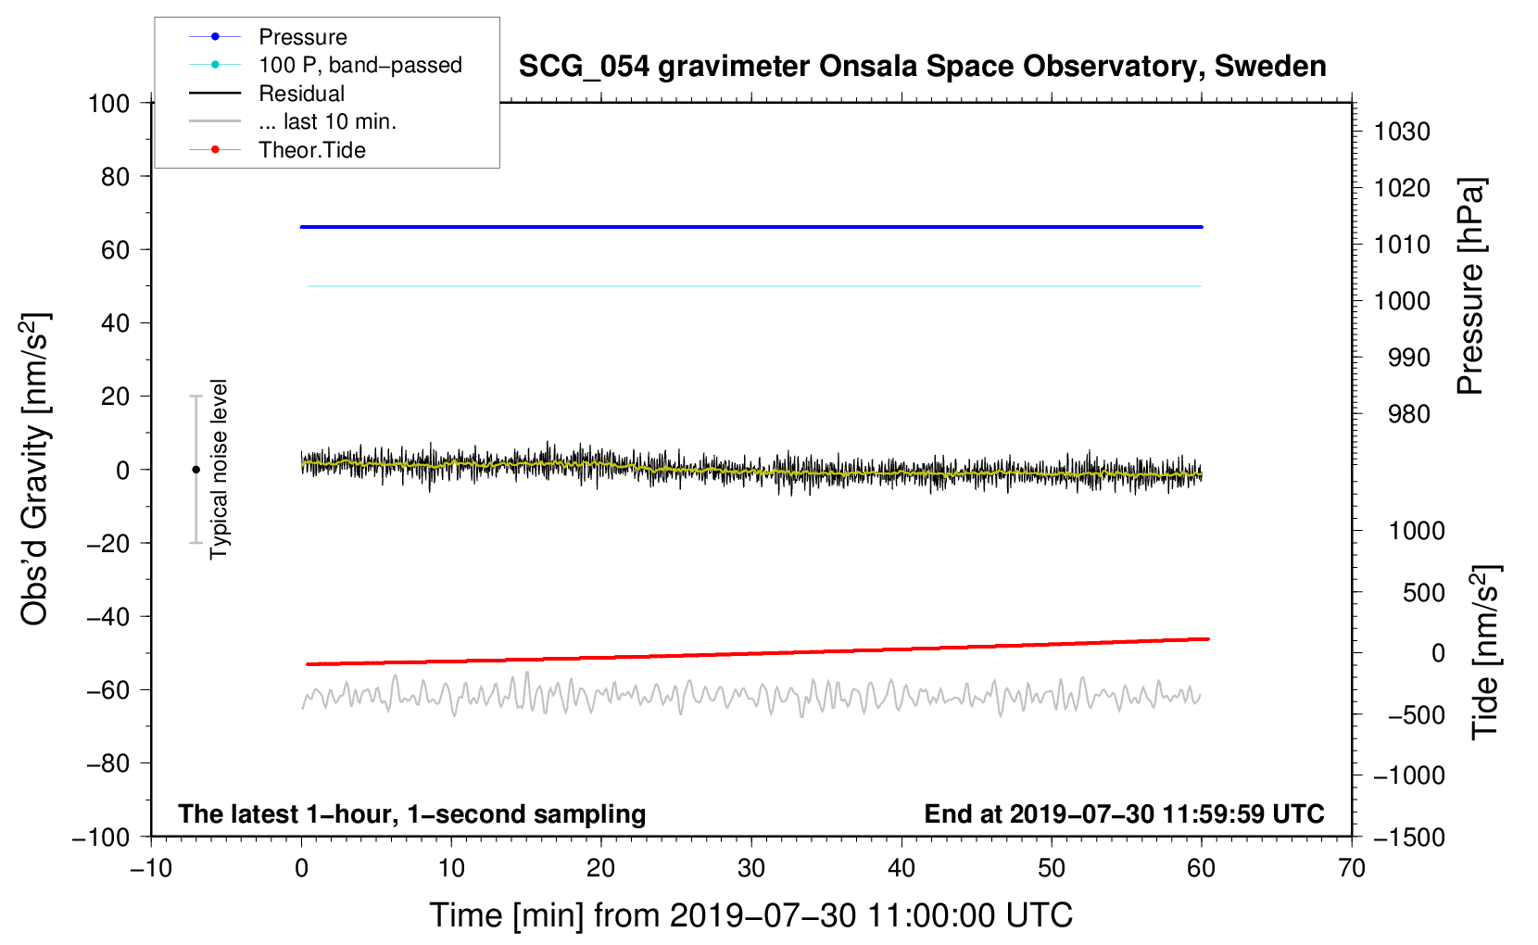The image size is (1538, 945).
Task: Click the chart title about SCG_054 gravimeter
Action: point(922,67)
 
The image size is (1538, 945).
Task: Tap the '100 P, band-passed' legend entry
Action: point(359,65)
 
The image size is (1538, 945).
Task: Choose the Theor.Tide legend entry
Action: point(311,150)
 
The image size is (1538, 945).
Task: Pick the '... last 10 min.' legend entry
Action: point(327,121)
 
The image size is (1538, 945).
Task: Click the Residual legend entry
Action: point(301,94)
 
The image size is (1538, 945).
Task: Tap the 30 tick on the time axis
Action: point(751,868)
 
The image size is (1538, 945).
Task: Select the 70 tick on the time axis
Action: point(1352,868)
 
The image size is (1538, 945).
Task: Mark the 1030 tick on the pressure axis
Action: point(1402,132)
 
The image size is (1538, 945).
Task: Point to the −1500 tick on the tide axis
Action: point(1408,837)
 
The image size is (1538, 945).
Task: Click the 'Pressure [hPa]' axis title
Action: point(1471,287)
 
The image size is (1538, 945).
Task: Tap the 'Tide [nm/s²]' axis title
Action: point(1486,651)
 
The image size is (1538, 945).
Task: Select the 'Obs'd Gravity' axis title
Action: point(35,470)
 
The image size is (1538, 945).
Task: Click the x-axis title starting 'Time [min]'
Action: point(750,915)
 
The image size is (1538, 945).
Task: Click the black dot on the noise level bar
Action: point(195,470)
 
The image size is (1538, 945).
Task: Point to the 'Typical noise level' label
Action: point(219,470)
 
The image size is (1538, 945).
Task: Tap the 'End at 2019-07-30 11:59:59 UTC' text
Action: point(1124,814)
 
